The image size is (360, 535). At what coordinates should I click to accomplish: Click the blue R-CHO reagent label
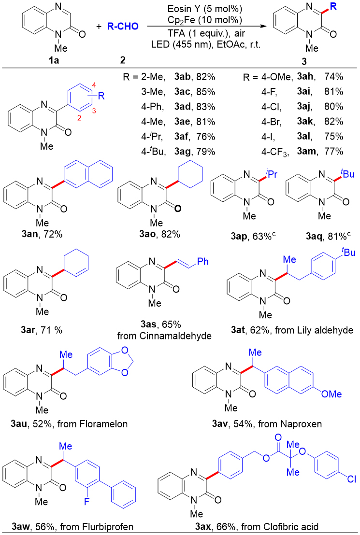click(x=123, y=26)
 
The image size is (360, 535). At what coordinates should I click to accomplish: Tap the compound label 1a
click(x=54, y=60)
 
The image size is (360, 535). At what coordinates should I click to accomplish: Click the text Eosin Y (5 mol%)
click(x=204, y=9)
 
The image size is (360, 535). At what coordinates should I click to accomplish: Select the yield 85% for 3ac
click(x=206, y=92)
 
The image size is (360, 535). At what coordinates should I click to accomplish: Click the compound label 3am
click(x=306, y=151)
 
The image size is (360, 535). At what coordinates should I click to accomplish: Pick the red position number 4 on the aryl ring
click(x=95, y=84)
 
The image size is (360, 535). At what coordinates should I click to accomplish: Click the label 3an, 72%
click(x=42, y=234)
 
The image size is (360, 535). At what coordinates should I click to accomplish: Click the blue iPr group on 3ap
click(x=272, y=174)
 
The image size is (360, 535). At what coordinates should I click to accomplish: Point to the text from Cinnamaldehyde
click(x=164, y=336)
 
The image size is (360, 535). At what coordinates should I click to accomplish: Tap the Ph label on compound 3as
click(x=203, y=262)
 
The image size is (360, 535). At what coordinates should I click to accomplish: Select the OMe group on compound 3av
click(x=331, y=394)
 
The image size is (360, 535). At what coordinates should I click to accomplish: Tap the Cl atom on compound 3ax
click(x=351, y=479)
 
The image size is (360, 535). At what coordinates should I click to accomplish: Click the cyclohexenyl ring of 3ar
click(x=77, y=265)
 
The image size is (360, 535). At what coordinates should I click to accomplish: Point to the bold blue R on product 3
click(x=333, y=6)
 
